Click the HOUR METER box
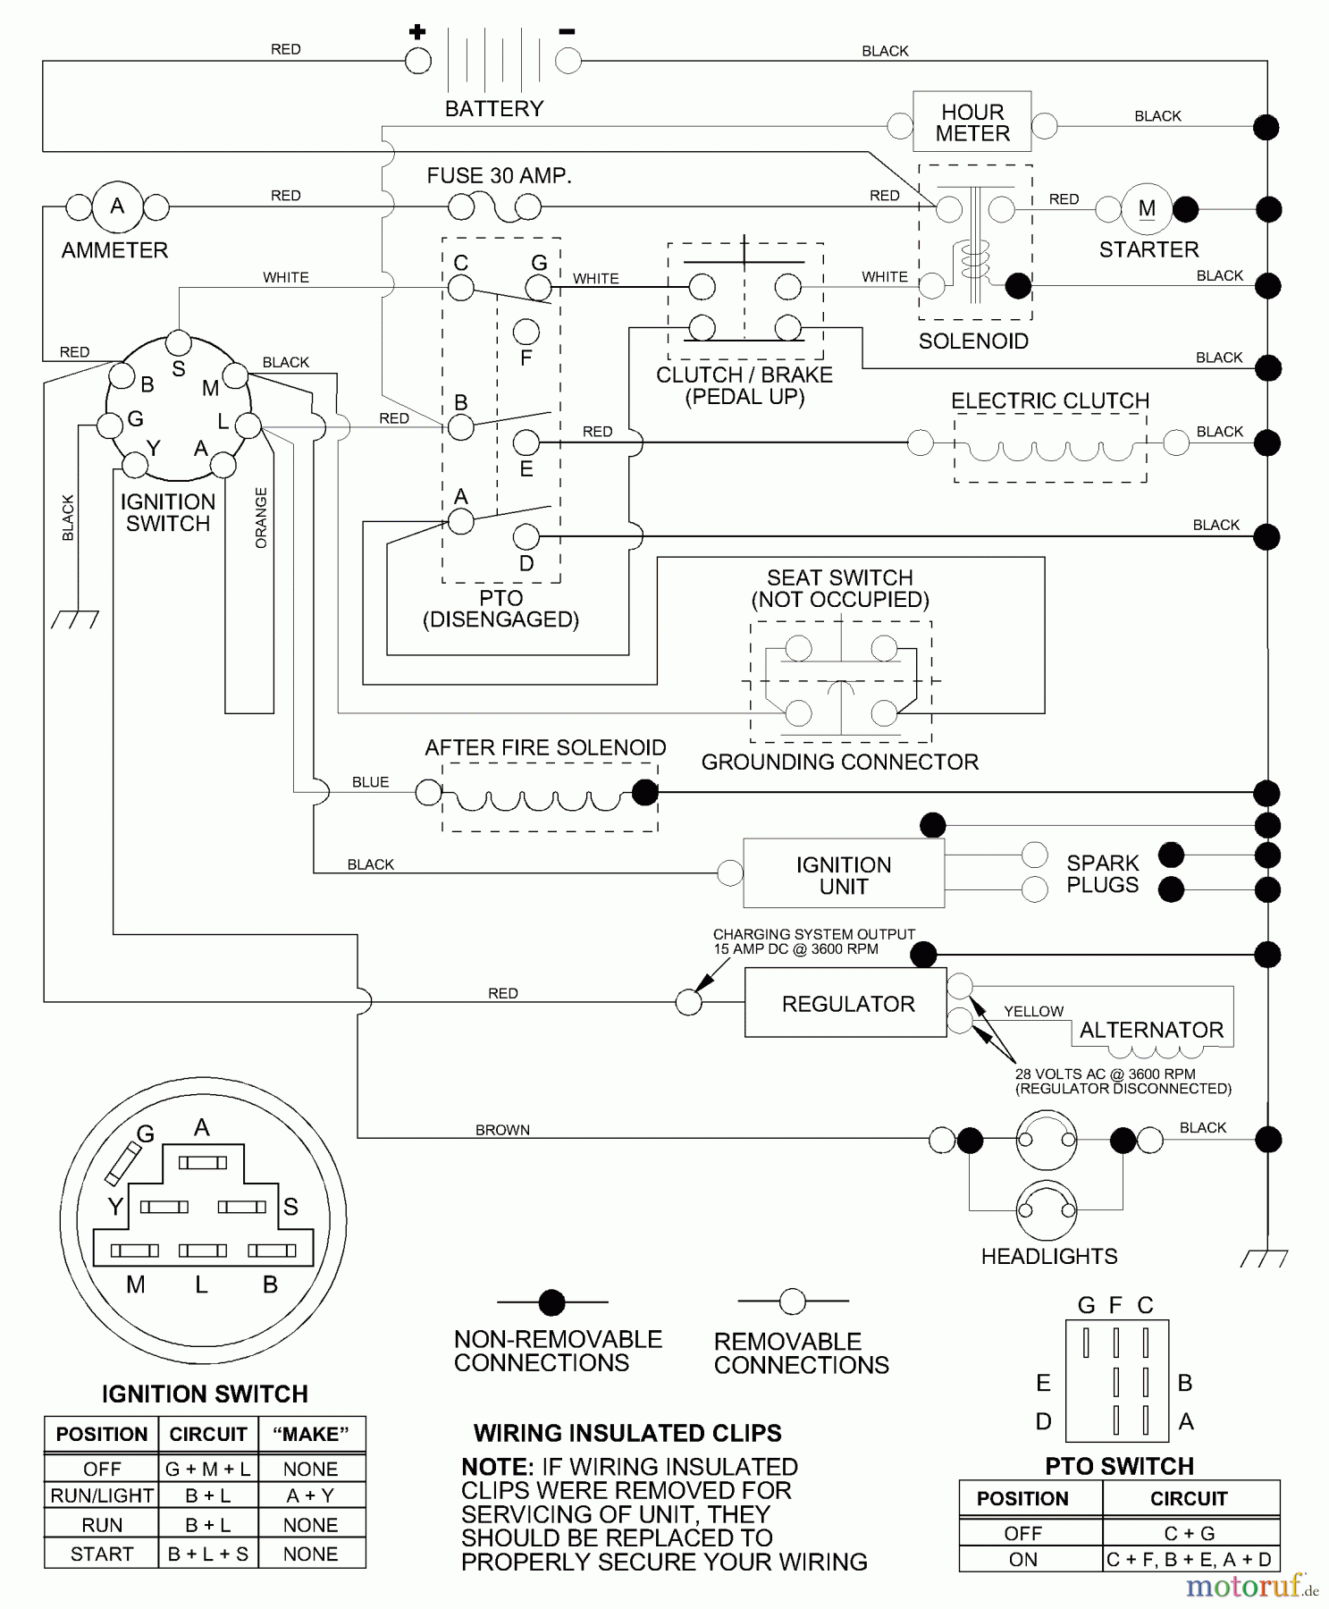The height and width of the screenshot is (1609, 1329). click(972, 122)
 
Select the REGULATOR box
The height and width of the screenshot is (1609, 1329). click(845, 1004)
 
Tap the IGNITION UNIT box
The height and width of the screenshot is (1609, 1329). click(843, 875)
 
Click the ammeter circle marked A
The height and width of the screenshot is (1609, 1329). click(117, 206)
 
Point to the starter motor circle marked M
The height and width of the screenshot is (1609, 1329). click(1147, 209)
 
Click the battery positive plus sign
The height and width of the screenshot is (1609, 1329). click(417, 33)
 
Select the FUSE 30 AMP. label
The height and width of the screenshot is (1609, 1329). click(499, 176)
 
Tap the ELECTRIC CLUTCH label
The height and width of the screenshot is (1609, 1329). click(1050, 400)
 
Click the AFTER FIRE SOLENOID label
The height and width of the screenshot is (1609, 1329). click(545, 747)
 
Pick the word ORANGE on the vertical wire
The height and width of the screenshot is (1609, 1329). click(261, 518)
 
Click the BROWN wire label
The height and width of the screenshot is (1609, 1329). click(502, 1130)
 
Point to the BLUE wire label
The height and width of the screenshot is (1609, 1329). click(370, 782)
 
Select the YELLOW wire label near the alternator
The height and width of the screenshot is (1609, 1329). click(1033, 1011)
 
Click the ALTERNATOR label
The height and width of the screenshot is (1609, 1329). click(1151, 1030)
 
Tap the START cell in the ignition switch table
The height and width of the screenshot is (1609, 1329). click(101, 1554)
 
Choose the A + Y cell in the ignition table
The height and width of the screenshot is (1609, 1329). click(310, 1495)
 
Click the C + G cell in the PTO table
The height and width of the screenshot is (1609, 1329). click(1189, 1533)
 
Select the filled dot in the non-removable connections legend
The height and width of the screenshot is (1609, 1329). click(552, 1302)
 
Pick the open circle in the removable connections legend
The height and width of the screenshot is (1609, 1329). click(792, 1302)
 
